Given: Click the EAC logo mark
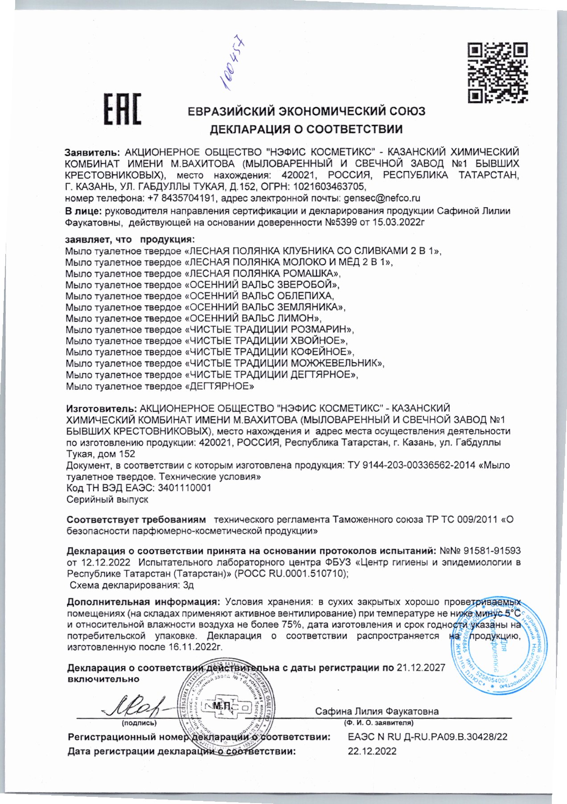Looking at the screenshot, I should tap(122, 109).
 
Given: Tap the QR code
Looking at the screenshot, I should tap(497, 73).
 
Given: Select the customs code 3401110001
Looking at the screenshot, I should tap(185, 488).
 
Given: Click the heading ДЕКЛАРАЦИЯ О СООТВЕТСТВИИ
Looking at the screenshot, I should tap(306, 129).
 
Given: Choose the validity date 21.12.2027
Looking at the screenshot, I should tap(421, 667).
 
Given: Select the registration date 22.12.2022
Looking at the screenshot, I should tap(372, 751).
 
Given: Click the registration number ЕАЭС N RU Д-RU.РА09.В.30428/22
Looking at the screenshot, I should tap(427, 737).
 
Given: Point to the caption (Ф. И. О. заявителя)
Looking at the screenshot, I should tap(378, 722).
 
